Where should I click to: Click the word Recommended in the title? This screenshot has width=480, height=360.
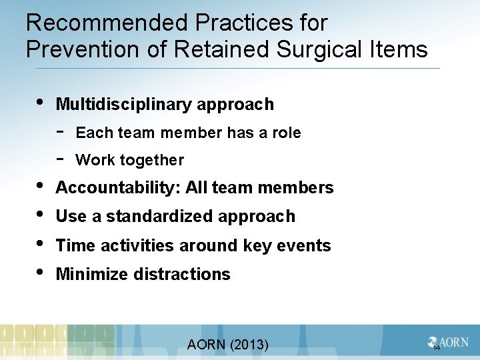pyautogui.click(x=107, y=23)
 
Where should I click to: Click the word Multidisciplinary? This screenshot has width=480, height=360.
pyautogui.click(x=123, y=105)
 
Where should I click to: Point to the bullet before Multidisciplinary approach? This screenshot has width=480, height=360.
pyautogui.click(x=41, y=103)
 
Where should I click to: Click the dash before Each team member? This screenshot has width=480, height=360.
pyautogui.click(x=61, y=132)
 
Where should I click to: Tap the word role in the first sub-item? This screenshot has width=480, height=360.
pyautogui.click(x=287, y=133)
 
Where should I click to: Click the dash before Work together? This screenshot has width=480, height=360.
pyautogui.click(x=61, y=159)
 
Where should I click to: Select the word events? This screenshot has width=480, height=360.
pyautogui.click(x=305, y=245)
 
